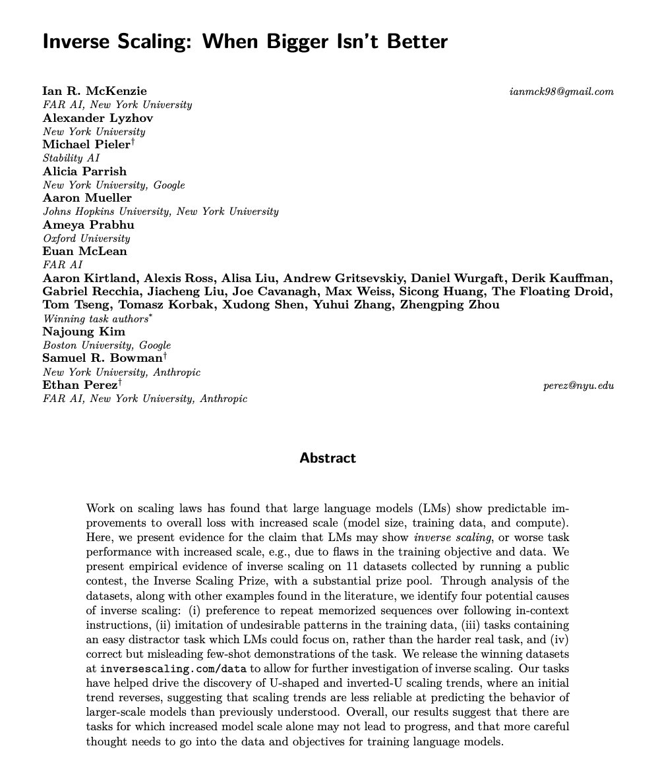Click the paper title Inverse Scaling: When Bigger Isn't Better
(245, 42)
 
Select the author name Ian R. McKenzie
(95, 91)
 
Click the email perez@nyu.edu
(578, 385)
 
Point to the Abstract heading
(328, 458)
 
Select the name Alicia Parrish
(84, 171)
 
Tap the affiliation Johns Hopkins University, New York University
(160, 212)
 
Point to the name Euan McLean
(84, 251)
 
